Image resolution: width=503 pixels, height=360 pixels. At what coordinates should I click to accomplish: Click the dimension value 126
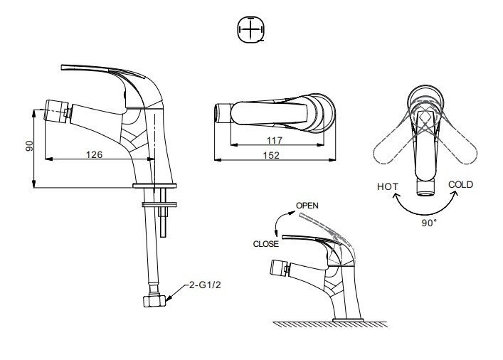click(94, 154)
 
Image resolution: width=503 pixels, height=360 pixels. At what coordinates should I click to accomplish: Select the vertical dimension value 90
click(29, 146)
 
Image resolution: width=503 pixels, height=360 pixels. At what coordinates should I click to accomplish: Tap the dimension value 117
click(275, 140)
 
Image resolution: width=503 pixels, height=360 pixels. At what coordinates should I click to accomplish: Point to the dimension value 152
click(271, 155)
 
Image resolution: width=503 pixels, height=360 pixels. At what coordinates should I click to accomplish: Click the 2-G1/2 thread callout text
click(205, 285)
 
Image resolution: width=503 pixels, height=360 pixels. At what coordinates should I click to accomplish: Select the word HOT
click(388, 186)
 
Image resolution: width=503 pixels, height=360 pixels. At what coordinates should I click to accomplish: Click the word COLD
click(460, 184)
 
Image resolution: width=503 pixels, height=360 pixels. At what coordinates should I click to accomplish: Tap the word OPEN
click(307, 206)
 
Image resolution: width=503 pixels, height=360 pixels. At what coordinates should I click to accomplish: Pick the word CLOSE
click(265, 244)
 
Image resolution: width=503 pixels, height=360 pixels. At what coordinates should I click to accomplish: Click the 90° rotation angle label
click(429, 223)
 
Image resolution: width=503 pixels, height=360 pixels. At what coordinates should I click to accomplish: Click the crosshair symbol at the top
click(251, 29)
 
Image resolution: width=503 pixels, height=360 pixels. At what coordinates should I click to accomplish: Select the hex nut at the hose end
click(154, 301)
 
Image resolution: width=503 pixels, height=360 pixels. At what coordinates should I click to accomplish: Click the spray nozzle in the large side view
click(57, 111)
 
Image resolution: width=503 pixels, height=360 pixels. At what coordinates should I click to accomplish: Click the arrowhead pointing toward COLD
click(454, 194)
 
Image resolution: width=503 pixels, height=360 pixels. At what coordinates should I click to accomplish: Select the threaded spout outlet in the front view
click(425, 187)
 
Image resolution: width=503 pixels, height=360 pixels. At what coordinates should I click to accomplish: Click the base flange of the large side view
click(154, 186)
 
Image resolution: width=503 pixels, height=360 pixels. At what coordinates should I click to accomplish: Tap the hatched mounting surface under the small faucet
click(330, 324)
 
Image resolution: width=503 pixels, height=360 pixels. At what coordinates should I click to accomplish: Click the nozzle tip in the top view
click(223, 113)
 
